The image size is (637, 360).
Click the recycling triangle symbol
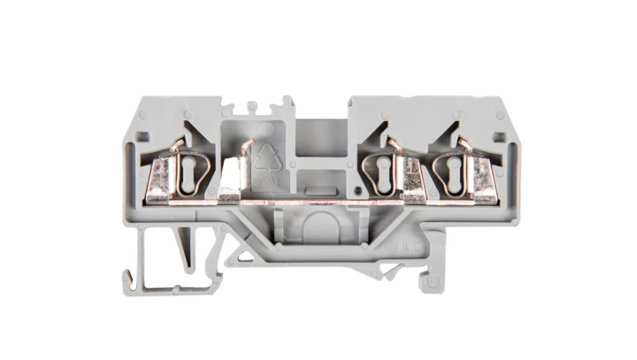(266, 157)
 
